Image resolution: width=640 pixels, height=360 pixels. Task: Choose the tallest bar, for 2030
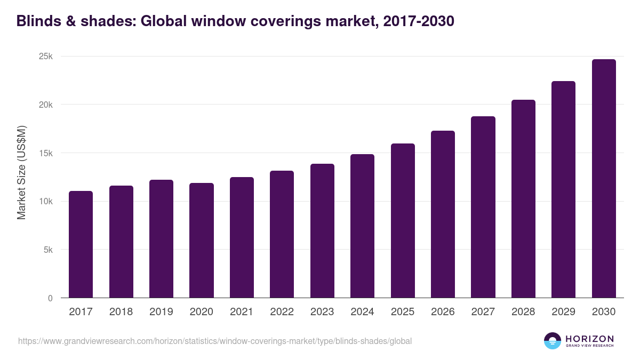(604, 178)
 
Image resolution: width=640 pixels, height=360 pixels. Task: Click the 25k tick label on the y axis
(46, 57)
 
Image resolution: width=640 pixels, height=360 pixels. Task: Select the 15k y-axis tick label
(46, 153)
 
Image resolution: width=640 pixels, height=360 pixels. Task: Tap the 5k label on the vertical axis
(48, 250)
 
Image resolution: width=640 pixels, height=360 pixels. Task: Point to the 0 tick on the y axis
(50, 298)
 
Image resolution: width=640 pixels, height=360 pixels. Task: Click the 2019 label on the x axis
(161, 312)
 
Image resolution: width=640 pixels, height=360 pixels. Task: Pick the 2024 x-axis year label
(362, 312)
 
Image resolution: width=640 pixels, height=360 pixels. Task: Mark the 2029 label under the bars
(563, 312)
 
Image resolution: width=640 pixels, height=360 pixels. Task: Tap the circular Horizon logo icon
(553, 341)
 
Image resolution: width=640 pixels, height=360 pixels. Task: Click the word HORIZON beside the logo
(589, 338)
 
